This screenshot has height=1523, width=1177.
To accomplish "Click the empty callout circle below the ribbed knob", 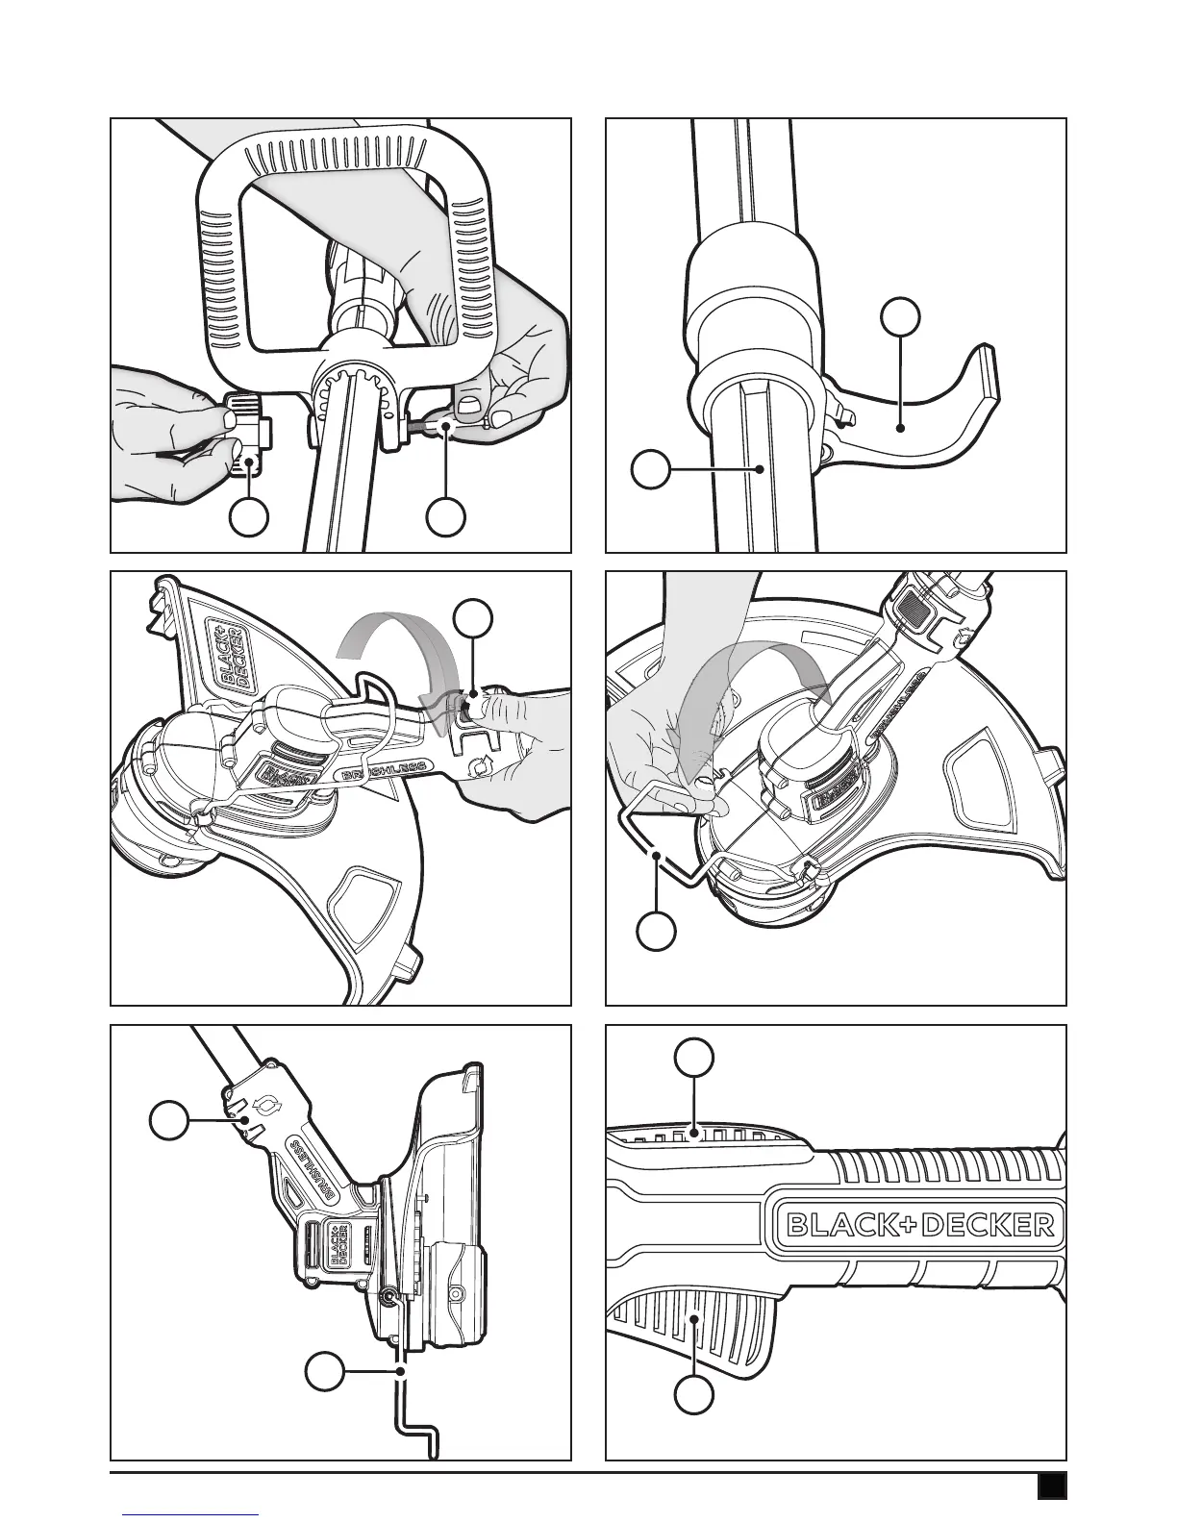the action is point(249,516).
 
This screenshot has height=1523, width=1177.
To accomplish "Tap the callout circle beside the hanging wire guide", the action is point(325,1372).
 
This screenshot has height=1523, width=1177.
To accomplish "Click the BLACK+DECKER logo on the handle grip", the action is point(921,1224).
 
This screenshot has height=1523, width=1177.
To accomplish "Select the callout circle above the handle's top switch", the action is point(694,1058).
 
